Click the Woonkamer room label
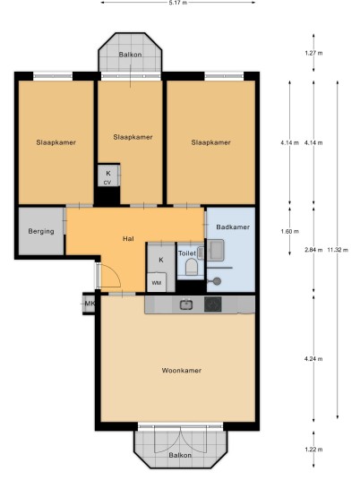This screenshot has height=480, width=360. [181, 371]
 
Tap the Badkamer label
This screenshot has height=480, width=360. [233, 227]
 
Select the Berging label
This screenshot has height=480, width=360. [41, 231]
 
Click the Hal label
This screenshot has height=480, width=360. [128, 238]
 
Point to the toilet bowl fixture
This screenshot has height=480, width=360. [192, 267]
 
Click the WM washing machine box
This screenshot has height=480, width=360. [157, 282]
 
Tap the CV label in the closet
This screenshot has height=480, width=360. [107, 183]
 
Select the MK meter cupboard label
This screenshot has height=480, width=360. [90, 304]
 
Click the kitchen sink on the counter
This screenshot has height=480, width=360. [186, 304]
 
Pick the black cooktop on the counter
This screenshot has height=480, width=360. [213, 304]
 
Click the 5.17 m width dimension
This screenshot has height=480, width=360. [178, 3]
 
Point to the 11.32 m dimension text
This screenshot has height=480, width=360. [338, 250]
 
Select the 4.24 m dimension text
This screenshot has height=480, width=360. [313, 359]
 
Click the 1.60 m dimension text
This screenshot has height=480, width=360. [289, 231]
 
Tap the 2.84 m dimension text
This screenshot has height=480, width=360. [313, 250]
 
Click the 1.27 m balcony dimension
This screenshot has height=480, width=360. [313, 53]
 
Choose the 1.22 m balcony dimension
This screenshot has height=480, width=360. [313, 450]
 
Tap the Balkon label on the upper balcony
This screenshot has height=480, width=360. [130, 55]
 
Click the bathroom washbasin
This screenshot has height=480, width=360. [216, 250]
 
